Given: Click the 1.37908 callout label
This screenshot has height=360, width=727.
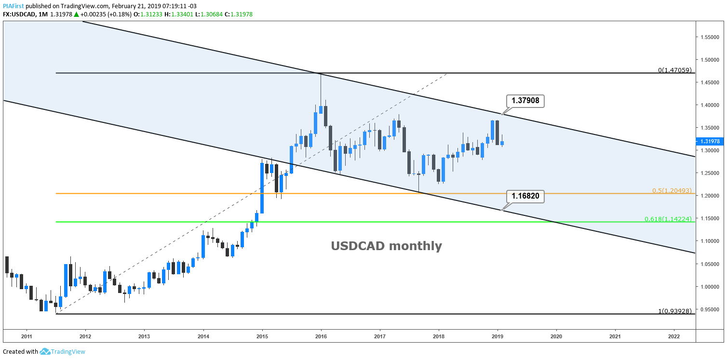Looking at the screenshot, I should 525,101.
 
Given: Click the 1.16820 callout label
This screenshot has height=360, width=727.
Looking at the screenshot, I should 525,197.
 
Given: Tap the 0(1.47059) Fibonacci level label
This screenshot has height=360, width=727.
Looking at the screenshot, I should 676,70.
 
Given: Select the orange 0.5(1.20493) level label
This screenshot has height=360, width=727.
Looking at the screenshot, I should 673,190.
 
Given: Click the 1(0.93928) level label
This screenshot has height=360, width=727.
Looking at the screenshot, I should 676,311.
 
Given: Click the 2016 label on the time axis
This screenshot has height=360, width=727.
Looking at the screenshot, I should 321,336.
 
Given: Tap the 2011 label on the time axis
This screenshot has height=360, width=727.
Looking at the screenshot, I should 27,336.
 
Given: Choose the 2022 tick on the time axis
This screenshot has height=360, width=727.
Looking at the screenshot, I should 674,336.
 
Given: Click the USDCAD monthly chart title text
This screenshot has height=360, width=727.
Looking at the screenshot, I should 386,246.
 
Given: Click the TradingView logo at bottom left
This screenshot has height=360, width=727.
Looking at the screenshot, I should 62,352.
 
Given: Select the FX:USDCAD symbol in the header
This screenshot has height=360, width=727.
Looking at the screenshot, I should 19,14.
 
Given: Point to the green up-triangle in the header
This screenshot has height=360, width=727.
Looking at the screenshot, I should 76,14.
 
